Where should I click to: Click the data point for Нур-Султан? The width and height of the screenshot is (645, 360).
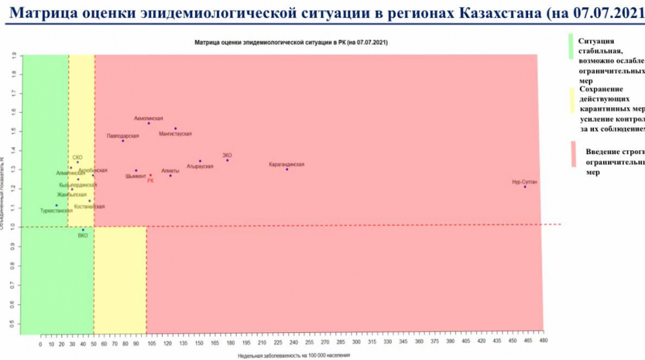(x=525, y=187)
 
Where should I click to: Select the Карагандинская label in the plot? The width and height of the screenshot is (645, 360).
(x=286, y=165)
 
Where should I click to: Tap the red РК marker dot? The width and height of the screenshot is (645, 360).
(x=150, y=175)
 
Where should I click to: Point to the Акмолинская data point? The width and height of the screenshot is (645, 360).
(x=149, y=123)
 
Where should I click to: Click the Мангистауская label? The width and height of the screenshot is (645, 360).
(x=175, y=134)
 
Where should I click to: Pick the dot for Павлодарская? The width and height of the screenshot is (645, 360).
(x=123, y=141)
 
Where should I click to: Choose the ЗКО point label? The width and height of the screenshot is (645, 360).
(x=227, y=155)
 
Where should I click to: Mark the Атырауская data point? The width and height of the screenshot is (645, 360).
(x=200, y=161)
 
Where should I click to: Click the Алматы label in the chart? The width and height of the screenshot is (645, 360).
(x=170, y=170)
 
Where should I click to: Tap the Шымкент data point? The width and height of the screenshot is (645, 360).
(x=136, y=171)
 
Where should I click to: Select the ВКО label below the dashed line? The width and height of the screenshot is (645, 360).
(x=83, y=236)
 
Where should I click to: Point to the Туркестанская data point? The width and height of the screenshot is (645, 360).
(x=57, y=205)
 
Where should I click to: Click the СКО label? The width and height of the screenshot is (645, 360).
(x=77, y=157)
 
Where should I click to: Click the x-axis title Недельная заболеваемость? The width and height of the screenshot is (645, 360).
(x=293, y=355)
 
